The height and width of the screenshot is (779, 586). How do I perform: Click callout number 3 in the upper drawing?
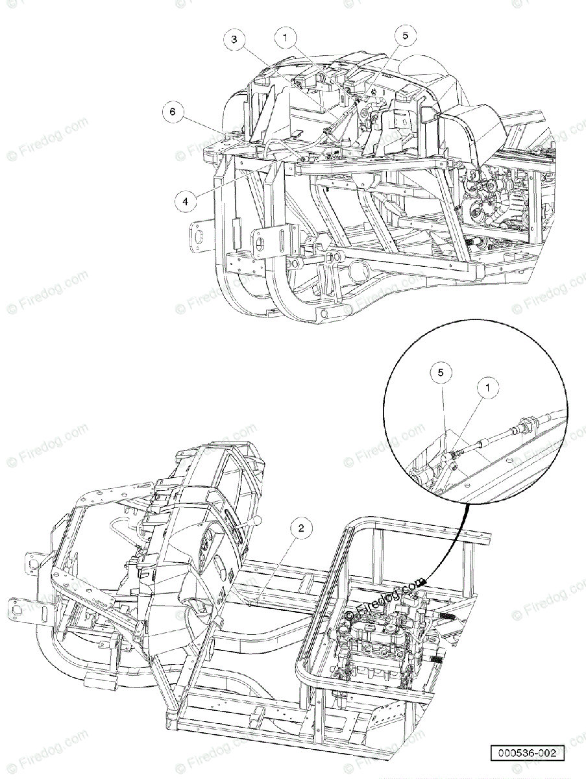click(x=236, y=40)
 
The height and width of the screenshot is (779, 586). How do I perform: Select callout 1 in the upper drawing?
click(x=285, y=38)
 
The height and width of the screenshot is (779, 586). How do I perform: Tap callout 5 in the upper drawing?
click(x=406, y=36)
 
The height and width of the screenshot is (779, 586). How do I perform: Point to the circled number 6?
click(x=173, y=112)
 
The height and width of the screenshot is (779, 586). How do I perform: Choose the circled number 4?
click(x=186, y=201)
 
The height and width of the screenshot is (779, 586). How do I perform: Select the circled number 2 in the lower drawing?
click(x=300, y=528)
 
